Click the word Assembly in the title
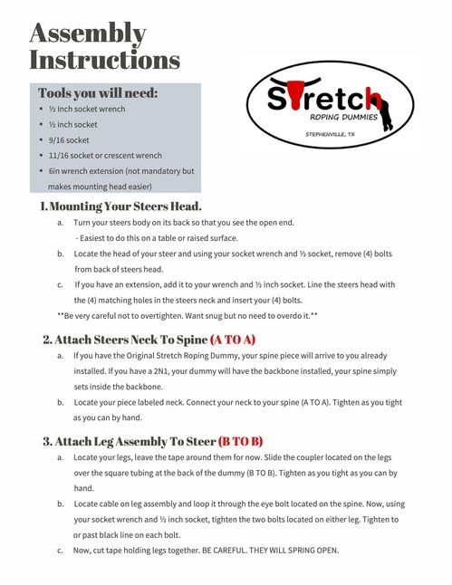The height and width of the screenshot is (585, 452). [88, 34]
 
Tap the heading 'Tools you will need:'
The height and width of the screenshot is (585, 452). [98, 93]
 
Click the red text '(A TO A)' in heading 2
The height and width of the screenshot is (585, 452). [233, 340]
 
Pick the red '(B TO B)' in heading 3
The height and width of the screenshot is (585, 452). [240, 441]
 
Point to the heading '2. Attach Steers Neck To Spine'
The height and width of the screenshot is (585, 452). [124, 340]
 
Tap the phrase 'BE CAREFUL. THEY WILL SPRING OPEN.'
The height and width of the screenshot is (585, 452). [262, 549]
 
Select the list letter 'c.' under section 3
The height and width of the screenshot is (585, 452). [60, 549]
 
